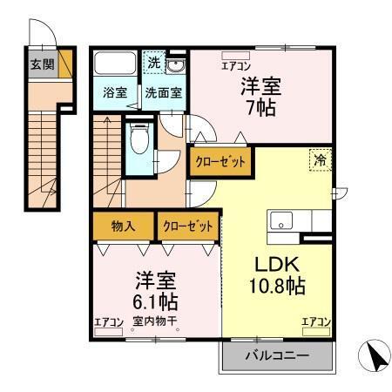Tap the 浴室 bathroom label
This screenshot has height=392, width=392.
112,92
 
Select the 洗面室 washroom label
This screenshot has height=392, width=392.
163,92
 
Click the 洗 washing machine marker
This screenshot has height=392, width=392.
153,64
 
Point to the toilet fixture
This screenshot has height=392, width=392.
139,139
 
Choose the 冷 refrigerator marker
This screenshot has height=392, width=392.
320,160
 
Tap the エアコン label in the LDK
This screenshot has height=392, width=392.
316,322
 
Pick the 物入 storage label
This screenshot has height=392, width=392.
123,226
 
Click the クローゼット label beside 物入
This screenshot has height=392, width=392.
186,226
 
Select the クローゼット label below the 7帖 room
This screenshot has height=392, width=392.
220,162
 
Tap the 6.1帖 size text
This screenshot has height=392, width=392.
157,302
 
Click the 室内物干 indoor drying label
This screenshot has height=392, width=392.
155,322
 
